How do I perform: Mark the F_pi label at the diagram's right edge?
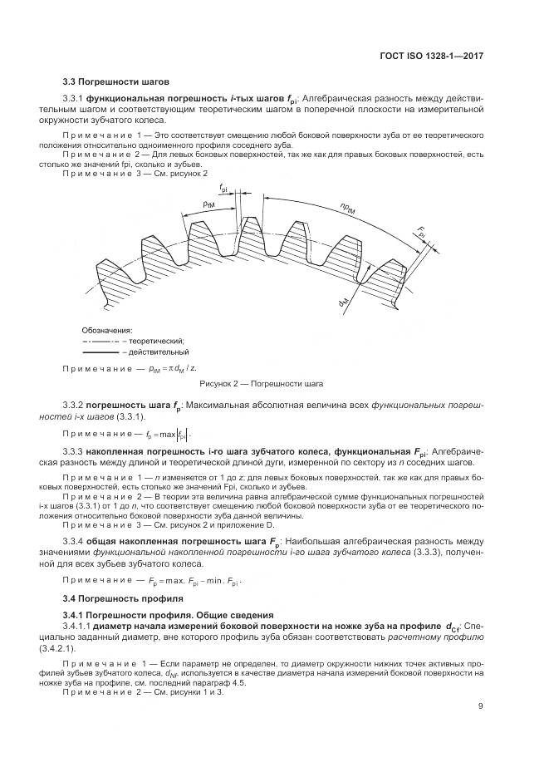tap(422, 233)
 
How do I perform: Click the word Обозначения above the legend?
tap(107, 329)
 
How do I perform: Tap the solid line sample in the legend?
tap(100, 352)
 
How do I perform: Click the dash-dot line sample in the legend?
tap(100, 341)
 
